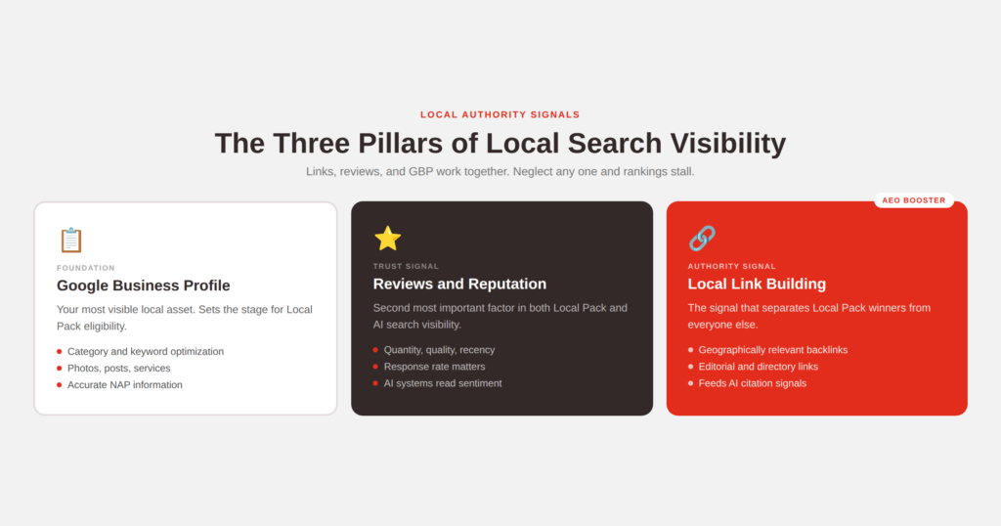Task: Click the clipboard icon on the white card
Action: [70, 240]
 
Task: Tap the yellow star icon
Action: [387, 239]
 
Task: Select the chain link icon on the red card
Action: [702, 239]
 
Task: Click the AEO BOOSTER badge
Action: [914, 200]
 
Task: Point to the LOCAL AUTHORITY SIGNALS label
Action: [500, 115]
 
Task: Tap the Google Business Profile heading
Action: [143, 285]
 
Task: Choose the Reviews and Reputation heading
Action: [459, 285]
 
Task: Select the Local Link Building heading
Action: [757, 285]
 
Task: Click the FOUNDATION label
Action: [86, 268]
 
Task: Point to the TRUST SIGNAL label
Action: [406, 266]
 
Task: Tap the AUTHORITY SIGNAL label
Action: [731, 266]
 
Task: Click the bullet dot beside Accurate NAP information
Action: [60, 385]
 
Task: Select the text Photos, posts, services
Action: [118, 369]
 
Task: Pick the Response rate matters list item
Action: [434, 367]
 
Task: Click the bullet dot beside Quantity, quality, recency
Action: [375, 350]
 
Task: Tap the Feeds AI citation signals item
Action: [752, 383]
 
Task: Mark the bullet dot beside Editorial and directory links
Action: [691, 367]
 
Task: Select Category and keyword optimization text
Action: [146, 352]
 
